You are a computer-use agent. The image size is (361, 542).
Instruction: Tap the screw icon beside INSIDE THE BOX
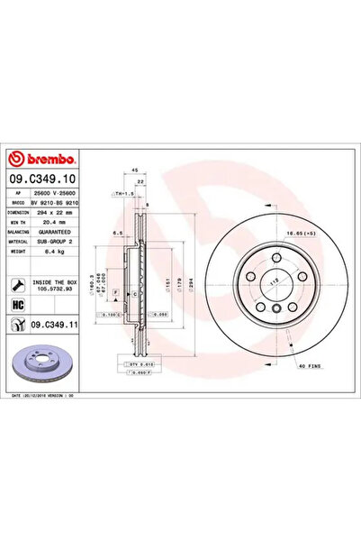18,284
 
